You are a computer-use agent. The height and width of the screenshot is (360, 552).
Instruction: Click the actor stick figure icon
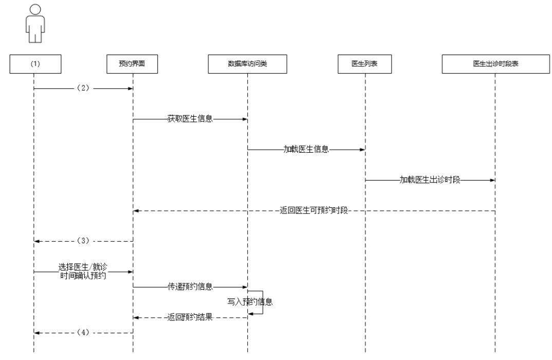(x=34, y=24)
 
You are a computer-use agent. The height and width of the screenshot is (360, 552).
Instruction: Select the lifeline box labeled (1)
(x=34, y=64)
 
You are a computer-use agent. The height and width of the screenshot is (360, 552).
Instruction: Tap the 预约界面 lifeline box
(x=133, y=64)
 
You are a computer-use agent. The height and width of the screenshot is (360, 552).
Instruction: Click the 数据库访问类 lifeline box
(x=247, y=64)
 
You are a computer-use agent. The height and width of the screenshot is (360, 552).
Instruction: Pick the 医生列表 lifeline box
(x=365, y=64)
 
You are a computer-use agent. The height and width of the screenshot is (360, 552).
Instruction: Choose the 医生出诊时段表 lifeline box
(x=495, y=64)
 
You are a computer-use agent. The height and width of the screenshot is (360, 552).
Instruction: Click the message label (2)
(x=83, y=88)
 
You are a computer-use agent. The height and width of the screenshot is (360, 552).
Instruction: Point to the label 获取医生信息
(x=190, y=119)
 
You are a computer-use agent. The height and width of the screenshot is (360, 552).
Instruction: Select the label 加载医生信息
(x=306, y=150)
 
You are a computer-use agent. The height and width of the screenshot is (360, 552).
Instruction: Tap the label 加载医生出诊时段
(x=430, y=181)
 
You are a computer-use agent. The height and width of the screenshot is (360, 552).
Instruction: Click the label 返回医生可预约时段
(x=314, y=211)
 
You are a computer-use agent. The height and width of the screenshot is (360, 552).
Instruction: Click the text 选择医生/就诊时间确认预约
(x=83, y=272)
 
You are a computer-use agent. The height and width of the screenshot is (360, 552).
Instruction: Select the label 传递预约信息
(x=190, y=287)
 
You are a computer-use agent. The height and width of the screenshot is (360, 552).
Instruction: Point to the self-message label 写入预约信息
(x=250, y=302)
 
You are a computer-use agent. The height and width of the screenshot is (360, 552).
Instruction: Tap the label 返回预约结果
(x=190, y=318)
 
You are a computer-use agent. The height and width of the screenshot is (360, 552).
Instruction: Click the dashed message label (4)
(x=83, y=333)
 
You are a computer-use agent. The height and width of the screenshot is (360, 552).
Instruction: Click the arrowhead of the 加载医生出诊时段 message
(x=492, y=181)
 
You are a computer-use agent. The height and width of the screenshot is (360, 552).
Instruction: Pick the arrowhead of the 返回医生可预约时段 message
(x=136, y=211)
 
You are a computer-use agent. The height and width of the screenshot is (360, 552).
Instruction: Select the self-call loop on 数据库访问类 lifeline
(x=263, y=302)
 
